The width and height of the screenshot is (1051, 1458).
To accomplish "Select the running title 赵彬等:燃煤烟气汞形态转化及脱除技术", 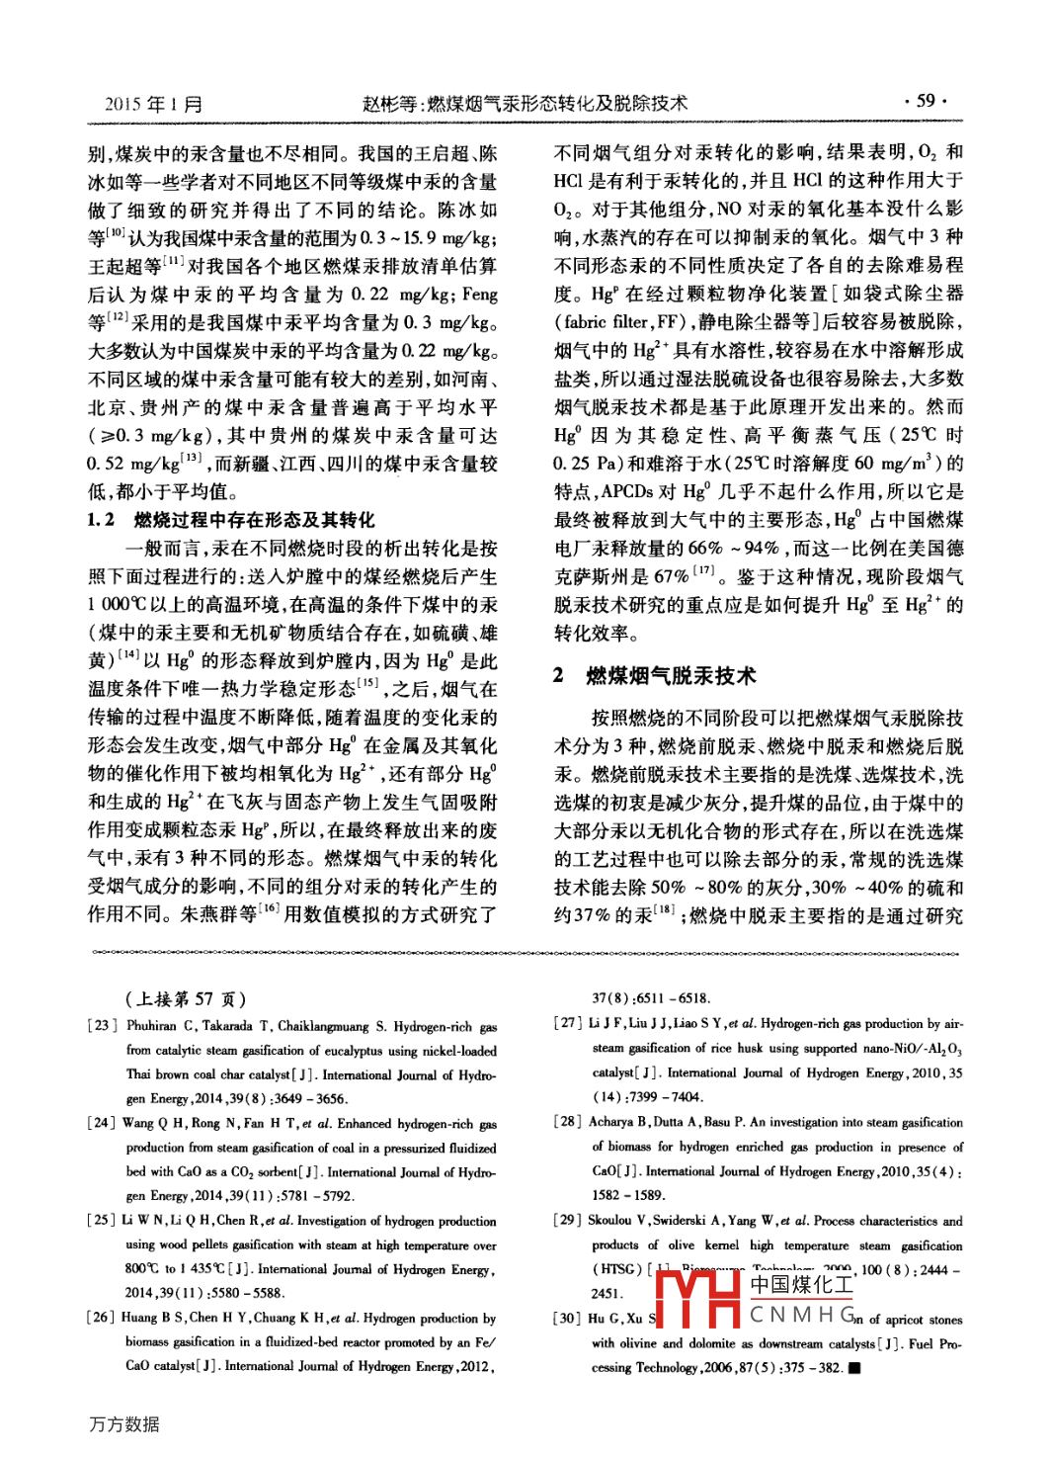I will pyautogui.click(x=525, y=103).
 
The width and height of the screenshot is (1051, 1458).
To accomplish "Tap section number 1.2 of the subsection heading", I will pyautogui.click(x=101, y=520).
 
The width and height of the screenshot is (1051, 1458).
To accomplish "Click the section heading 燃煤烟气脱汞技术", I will pyautogui.click(x=671, y=676).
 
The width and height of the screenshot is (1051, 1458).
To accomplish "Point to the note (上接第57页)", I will pyautogui.click(x=186, y=998).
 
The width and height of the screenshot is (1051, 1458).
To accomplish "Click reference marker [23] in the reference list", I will pyautogui.click(x=102, y=1026).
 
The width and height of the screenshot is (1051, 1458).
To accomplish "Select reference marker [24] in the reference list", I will pyautogui.click(x=102, y=1123).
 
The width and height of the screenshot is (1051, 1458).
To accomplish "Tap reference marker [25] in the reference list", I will pyautogui.click(x=102, y=1220).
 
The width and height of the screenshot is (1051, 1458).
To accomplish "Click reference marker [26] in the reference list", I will pyautogui.click(x=102, y=1317).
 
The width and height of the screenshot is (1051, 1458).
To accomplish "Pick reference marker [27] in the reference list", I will pyautogui.click(x=568, y=1023).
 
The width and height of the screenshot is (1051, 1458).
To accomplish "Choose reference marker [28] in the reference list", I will pyautogui.click(x=568, y=1122).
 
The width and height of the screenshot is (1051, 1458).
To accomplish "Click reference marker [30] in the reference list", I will pyautogui.click(x=568, y=1319).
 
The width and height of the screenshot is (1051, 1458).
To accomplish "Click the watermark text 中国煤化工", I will pyautogui.click(x=801, y=1285).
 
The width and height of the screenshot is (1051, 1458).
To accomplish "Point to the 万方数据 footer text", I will pyautogui.click(x=124, y=1424).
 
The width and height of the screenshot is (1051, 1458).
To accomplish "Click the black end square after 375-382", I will pyautogui.click(x=854, y=1368).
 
